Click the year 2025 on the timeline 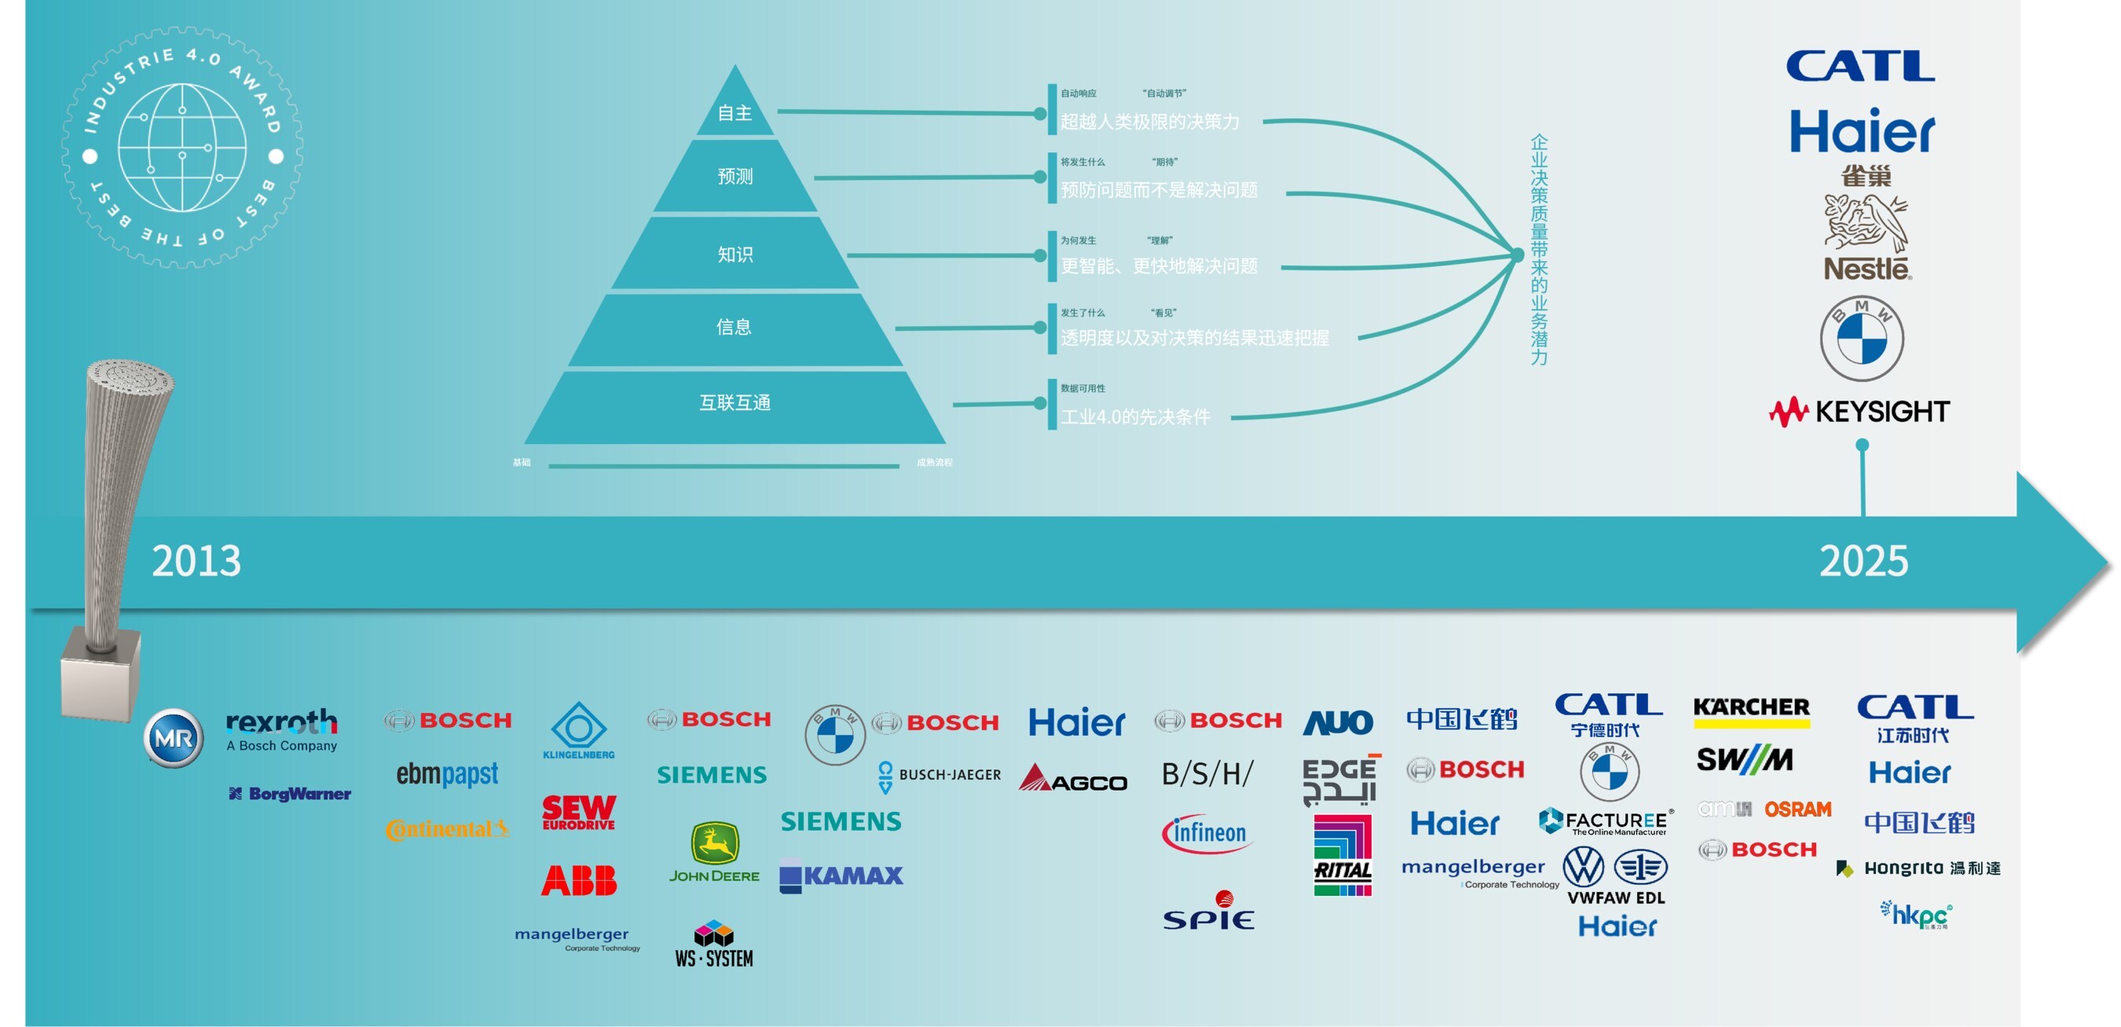coord(1863,561)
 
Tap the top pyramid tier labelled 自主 coord(734,113)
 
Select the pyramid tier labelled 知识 coord(734,254)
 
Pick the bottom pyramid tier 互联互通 coord(734,403)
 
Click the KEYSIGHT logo coord(1860,411)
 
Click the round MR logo coord(173,738)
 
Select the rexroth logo coord(281,729)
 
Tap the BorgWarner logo coord(290,794)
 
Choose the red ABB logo coord(579,880)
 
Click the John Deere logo coord(714,853)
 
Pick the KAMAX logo coord(841,875)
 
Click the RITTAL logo coord(1342,856)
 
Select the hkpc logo coord(1917,915)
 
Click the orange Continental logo coord(446,828)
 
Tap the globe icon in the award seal coord(182,148)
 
